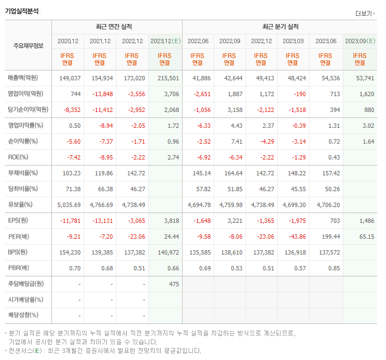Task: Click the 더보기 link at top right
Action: (364, 13)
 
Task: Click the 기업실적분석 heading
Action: (21, 11)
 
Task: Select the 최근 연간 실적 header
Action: (116, 27)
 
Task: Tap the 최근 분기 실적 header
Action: (280, 27)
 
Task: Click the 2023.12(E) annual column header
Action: (165, 41)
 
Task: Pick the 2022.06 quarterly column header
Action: (198, 41)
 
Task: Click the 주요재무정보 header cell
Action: (28, 45)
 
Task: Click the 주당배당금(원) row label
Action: (25, 284)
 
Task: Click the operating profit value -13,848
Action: (101, 94)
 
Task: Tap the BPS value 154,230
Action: (69, 252)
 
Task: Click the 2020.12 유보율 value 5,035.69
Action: (68, 205)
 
